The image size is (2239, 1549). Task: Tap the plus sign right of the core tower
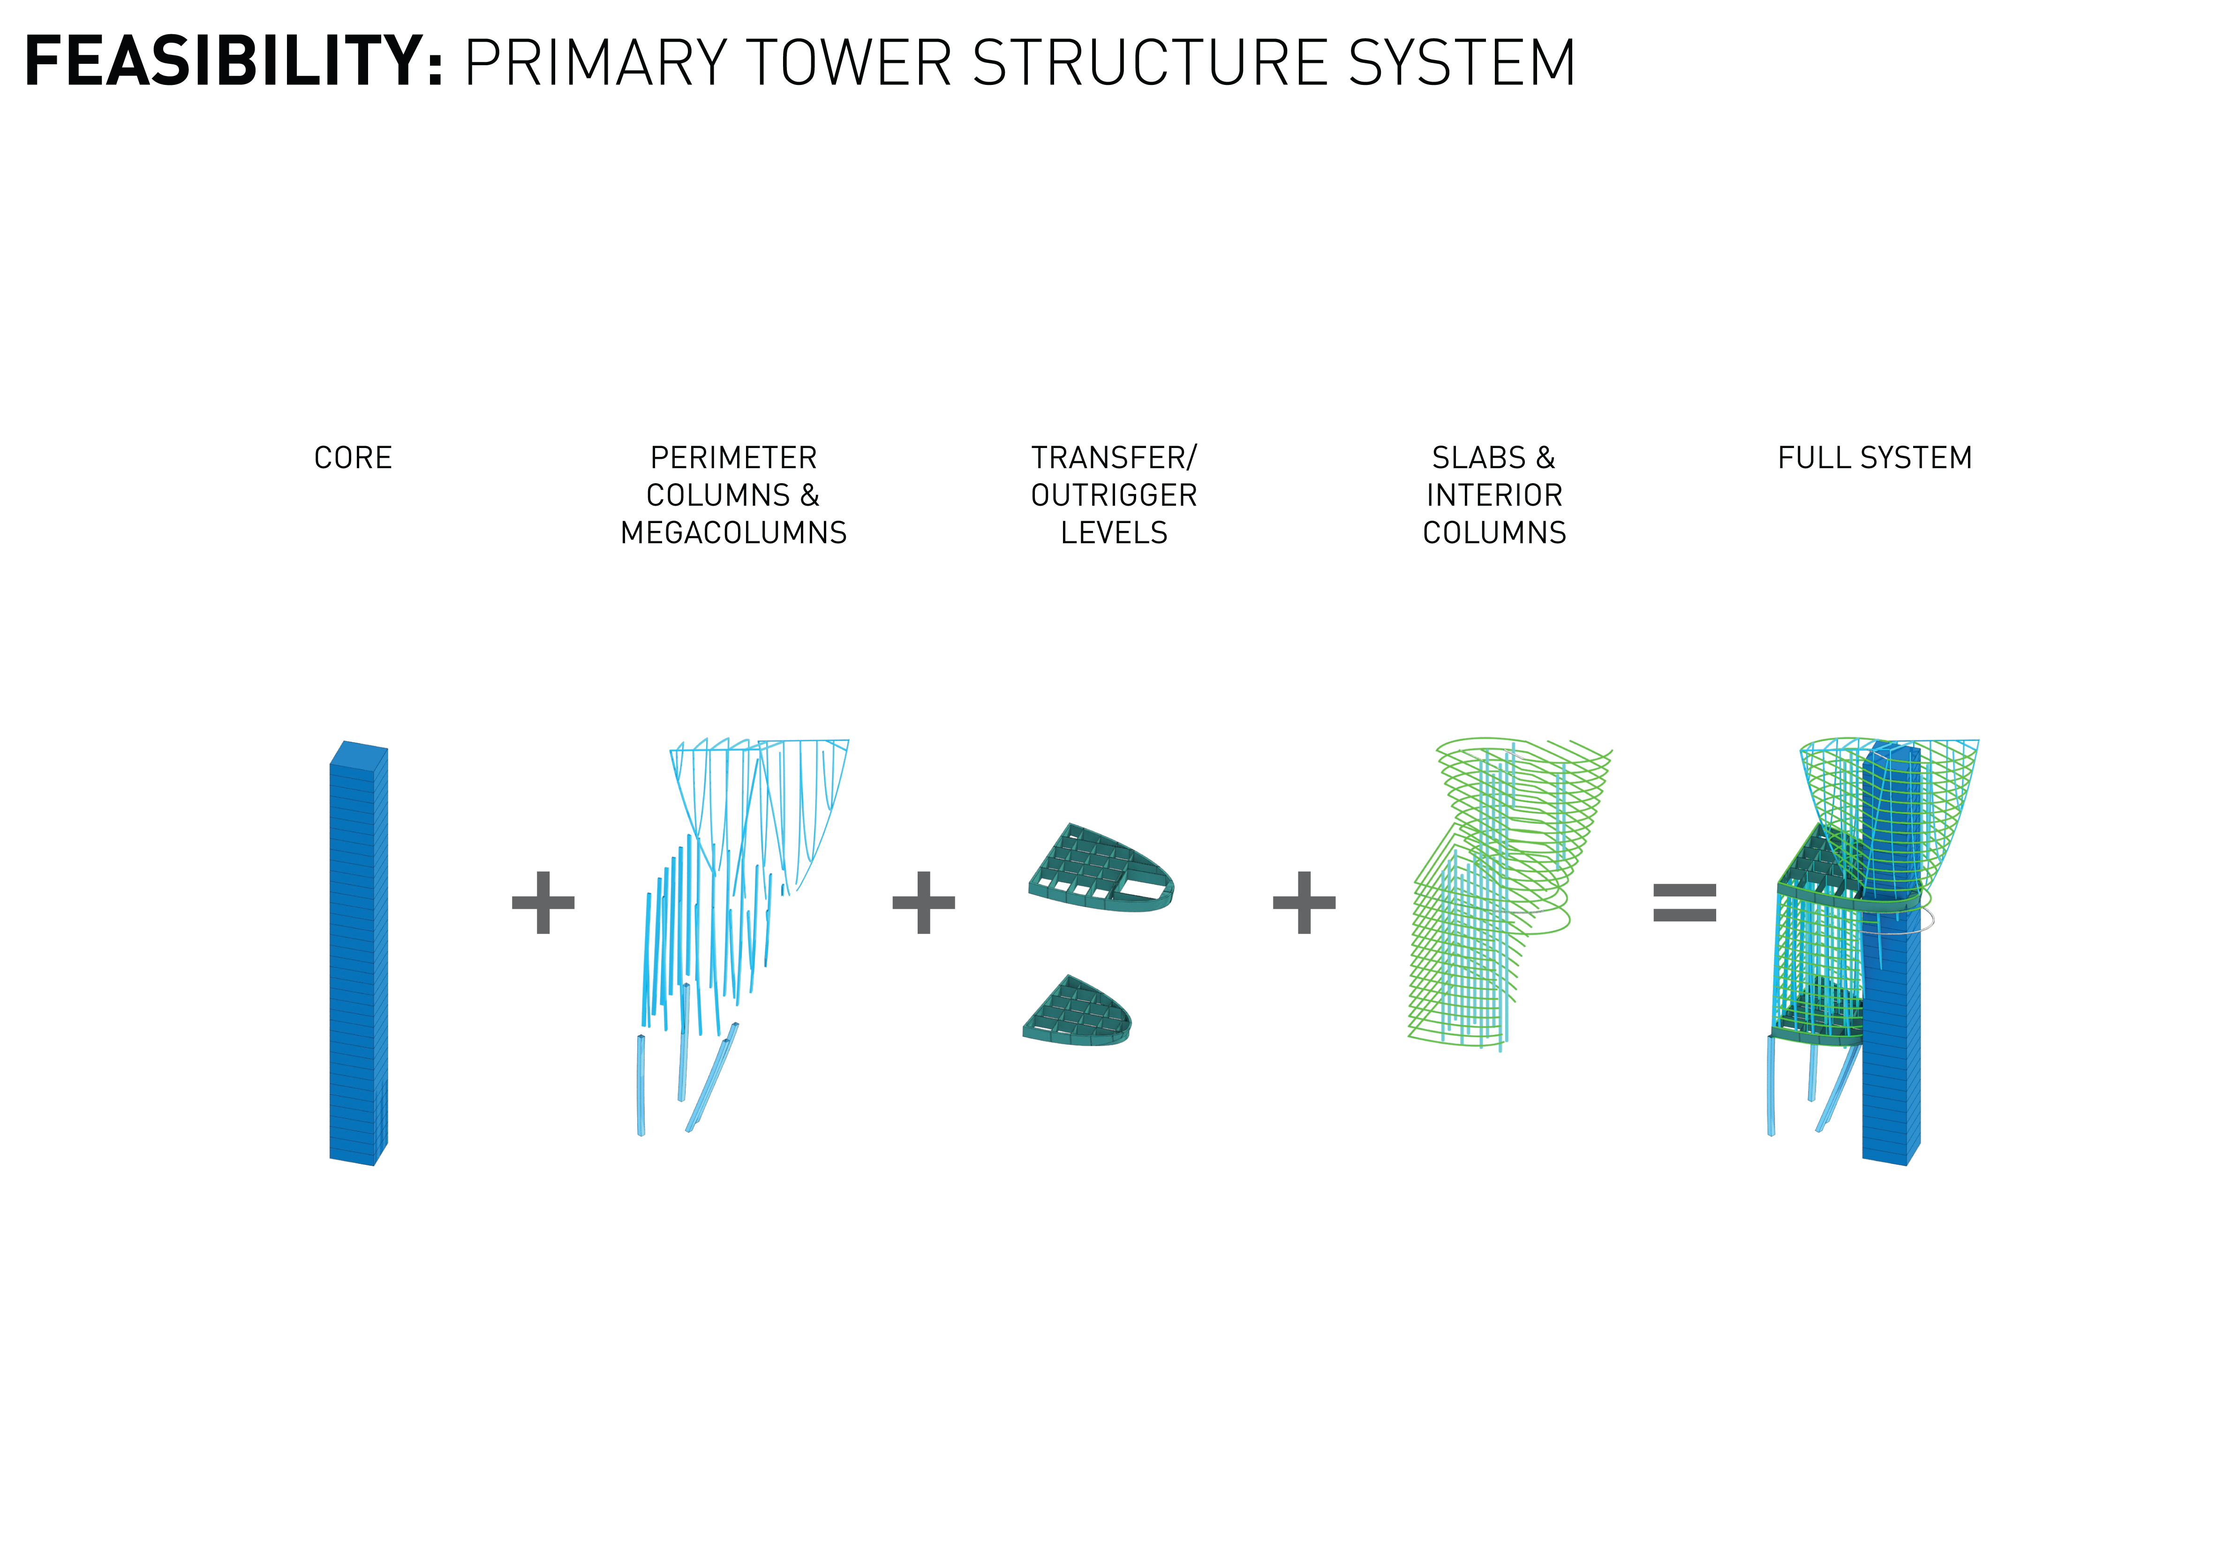(543, 903)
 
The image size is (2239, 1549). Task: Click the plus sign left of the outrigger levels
(924, 903)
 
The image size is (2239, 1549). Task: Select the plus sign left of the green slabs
(1304, 903)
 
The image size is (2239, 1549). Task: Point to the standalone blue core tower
(357, 956)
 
